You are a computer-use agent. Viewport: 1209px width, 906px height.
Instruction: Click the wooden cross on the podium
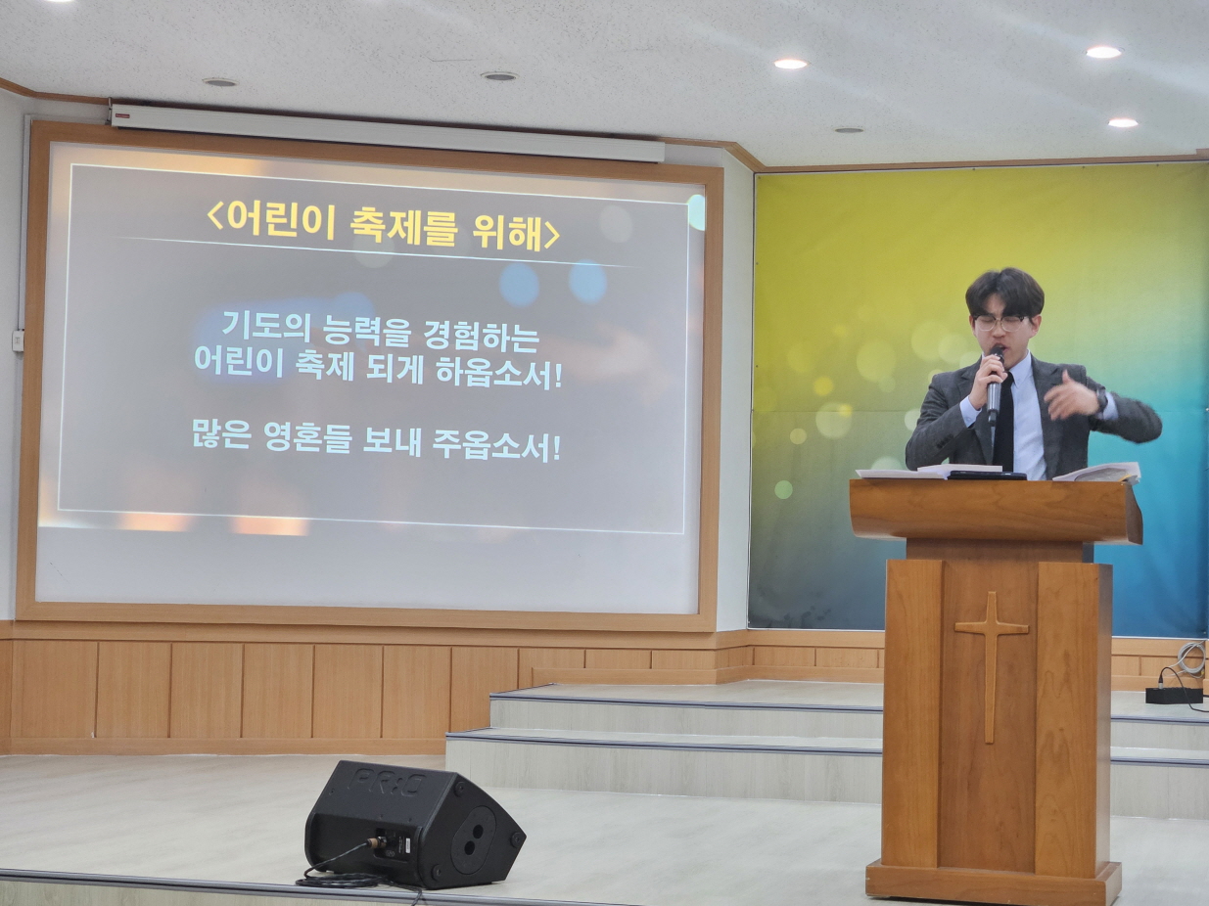(x=991, y=667)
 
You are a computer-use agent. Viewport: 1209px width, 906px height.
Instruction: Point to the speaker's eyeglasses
(x=999, y=323)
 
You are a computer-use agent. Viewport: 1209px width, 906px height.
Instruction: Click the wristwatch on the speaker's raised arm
(x=1101, y=397)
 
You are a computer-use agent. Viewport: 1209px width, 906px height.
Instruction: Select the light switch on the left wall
(x=19, y=340)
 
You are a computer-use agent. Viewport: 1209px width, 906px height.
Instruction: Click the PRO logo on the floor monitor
(x=390, y=781)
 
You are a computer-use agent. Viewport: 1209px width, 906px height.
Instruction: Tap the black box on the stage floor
(x=1174, y=695)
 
